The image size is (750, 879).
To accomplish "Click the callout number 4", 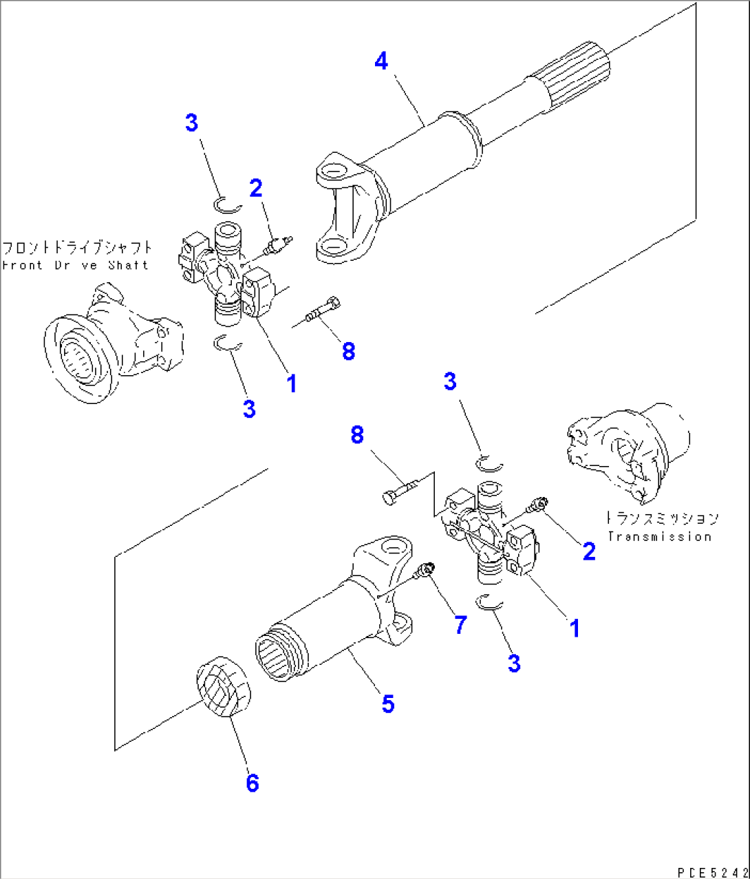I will (381, 61).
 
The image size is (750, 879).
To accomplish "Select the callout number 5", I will (388, 703).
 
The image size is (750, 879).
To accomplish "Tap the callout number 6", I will (253, 783).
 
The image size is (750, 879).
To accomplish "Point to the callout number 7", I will (460, 624).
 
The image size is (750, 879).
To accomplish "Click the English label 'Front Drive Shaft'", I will (75, 265).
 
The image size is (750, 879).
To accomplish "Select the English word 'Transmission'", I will (658, 536).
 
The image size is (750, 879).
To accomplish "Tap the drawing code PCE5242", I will (712, 871).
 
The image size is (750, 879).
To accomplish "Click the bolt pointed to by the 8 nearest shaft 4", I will (322, 309).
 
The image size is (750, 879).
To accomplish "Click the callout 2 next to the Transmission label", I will (589, 551).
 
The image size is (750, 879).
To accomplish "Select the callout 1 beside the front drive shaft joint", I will (292, 383).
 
